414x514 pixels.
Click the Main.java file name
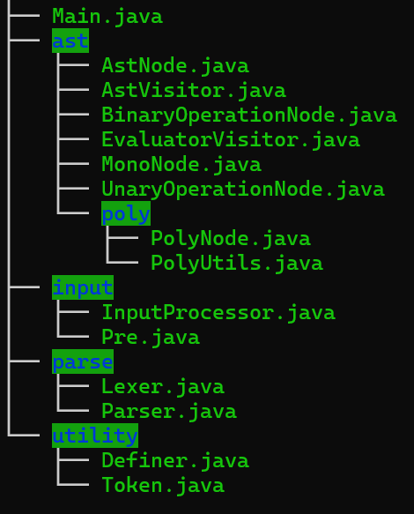107,17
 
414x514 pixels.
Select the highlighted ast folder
70,41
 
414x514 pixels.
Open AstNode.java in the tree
175,66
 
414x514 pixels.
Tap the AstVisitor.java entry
194,91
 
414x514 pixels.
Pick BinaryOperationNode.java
249,115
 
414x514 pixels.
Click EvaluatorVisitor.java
231,140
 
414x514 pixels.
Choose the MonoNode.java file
181,165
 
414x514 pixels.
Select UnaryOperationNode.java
243,190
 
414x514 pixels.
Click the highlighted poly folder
126,213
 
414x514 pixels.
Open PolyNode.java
231,239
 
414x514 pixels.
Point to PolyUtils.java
237,264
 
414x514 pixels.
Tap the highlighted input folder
83,287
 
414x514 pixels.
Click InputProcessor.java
218,313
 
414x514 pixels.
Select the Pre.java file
151,338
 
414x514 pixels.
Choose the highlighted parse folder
83,361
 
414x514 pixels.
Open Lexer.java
163,387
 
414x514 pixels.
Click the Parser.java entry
169,412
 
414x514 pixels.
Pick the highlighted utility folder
95,436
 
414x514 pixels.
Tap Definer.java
175,461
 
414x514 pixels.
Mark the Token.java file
163,486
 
